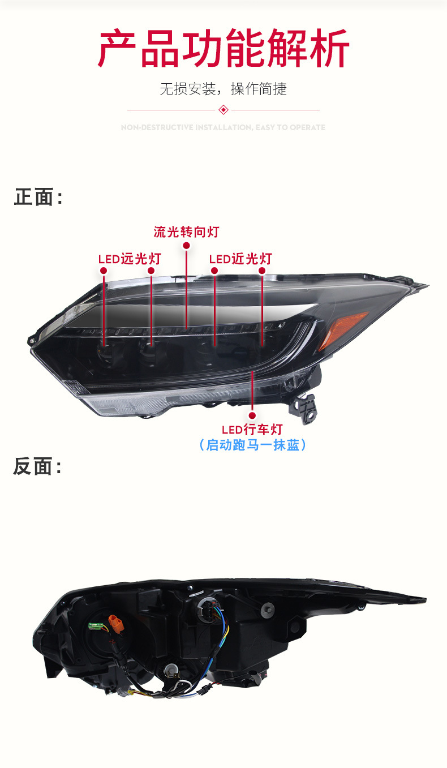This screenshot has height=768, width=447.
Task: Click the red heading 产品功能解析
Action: [223, 49]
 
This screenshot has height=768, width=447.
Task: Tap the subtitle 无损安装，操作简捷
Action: [223, 89]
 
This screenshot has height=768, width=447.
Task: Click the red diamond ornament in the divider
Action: [223, 109]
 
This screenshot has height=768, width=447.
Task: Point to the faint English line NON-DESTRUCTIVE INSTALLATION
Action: [223, 127]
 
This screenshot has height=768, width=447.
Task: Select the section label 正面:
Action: [38, 198]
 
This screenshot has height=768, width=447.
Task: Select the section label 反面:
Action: [38, 467]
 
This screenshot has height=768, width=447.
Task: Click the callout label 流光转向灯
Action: [186, 232]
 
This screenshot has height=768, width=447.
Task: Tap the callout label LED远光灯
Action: [130, 259]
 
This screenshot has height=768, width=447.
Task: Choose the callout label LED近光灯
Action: [240, 259]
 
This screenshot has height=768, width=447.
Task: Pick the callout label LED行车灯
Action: [252, 430]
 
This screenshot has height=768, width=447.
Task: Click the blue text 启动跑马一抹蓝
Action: [252, 445]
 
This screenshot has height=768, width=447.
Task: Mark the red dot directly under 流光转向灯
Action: [186, 246]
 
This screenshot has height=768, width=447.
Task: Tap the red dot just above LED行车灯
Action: [252, 415]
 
